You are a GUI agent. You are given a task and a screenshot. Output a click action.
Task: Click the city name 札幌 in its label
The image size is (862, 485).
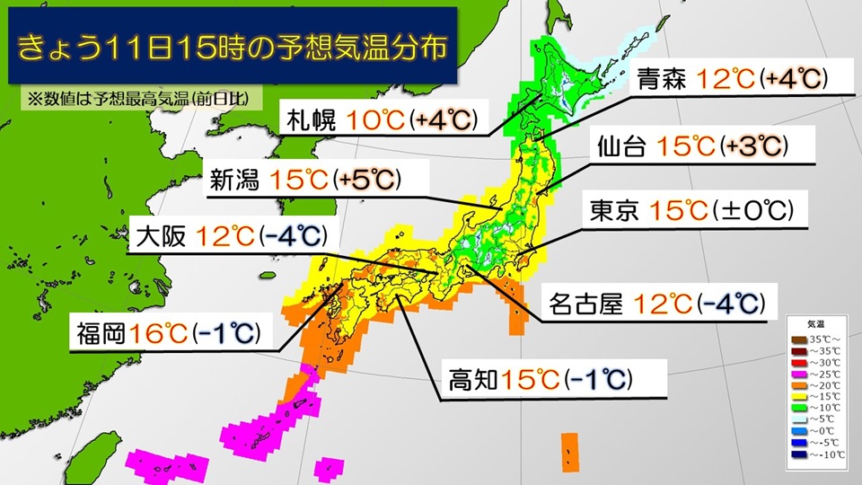click(310, 119)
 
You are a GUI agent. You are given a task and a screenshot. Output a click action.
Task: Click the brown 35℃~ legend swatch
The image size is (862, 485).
click(796, 339)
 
